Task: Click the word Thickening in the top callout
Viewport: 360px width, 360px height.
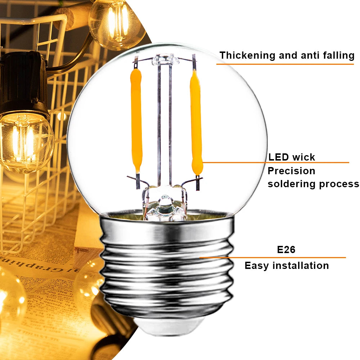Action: click(x=248, y=55)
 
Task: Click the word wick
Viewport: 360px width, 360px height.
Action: click(x=303, y=157)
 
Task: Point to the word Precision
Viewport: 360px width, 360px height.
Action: click(x=291, y=171)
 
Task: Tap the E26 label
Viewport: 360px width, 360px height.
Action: click(x=286, y=249)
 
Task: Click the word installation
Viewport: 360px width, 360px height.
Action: click(x=301, y=265)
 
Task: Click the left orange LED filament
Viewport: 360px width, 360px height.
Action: click(x=136, y=121)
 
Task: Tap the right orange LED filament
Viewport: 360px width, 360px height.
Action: click(x=196, y=123)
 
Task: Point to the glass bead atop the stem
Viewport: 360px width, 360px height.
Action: click(x=165, y=60)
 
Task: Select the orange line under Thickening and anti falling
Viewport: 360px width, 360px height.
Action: click(x=285, y=64)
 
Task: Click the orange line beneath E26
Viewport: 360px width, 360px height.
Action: click(x=273, y=258)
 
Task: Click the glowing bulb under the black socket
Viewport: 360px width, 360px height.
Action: click(x=26, y=142)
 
